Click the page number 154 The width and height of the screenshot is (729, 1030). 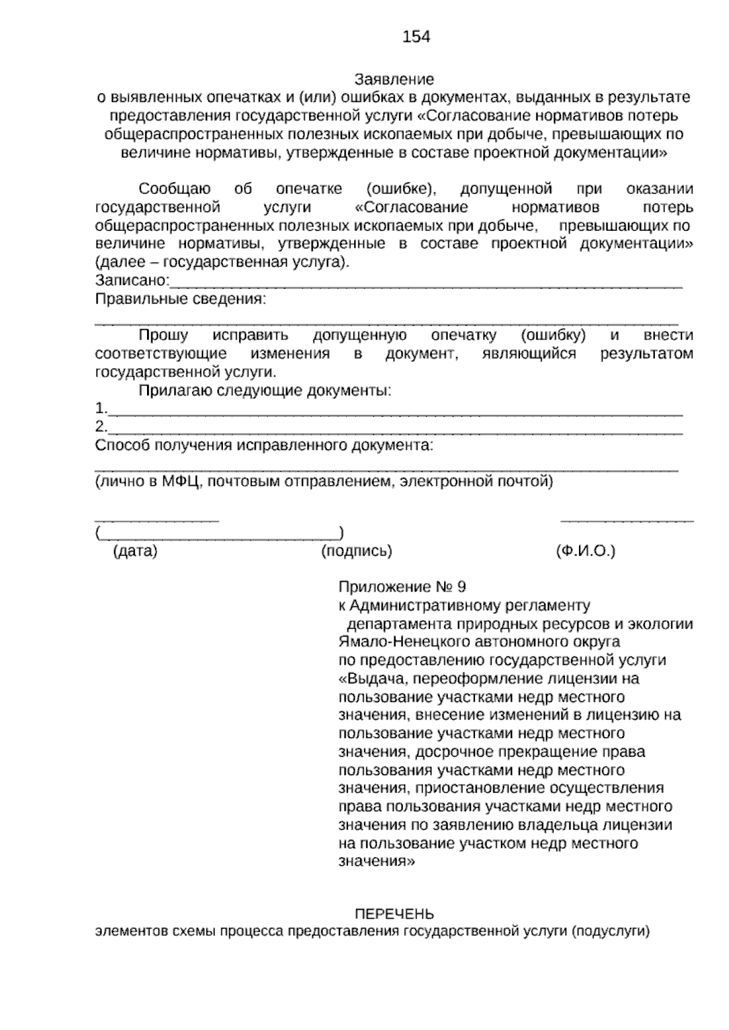pos(416,37)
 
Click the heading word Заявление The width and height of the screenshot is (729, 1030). pos(394,80)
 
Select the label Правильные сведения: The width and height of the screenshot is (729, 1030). pos(181,299)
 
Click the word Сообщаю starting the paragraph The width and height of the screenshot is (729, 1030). pos(174,189)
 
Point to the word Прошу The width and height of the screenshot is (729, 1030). pos(163,335)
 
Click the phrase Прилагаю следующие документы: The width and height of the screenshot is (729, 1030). pos(265,391)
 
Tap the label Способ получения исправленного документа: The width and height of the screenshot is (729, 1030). pos(264,445)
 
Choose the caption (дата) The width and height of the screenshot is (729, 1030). pos(135,551)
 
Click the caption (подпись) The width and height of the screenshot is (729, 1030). pos(356,551)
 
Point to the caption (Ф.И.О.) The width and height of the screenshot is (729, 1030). pos(585,551)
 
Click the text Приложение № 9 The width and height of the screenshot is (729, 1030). pos(402,587)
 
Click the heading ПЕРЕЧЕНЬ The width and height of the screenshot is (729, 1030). pos(394,914)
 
